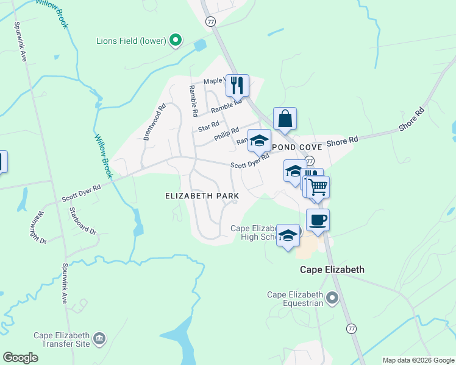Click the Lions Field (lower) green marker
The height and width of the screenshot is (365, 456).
point(176,41)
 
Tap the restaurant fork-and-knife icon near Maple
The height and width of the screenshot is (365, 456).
point(237,85)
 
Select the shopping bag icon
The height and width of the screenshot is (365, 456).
point(285,118)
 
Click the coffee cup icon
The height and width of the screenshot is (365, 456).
point(318,220)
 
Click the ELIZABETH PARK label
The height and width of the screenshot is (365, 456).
point(201,196)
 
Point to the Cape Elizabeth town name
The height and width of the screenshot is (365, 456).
point(332,269)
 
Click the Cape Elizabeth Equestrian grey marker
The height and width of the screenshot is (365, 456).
point(332,298)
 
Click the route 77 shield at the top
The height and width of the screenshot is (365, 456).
point(211,21)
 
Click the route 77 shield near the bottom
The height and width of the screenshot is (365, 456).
point(351,328)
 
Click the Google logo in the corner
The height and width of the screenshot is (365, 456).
point(20,358)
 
